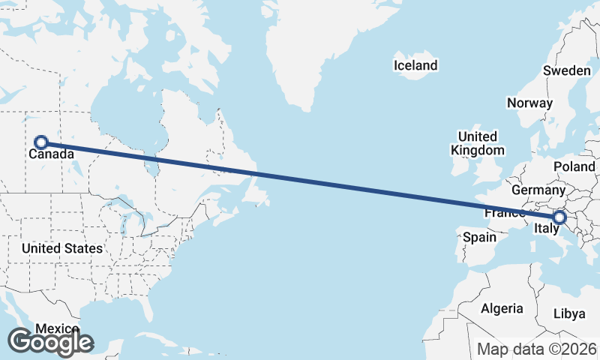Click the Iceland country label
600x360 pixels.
coord(415,66)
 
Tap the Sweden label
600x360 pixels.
coord(566,70)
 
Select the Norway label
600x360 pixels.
coord(529,103)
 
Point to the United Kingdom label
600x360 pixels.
coord(477,143)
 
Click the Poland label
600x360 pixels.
coord(574,166)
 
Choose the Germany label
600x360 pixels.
coord(538,190)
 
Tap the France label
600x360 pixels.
coord(504,213)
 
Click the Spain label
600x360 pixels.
coord(479,237)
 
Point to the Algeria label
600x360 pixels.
coord(502,308)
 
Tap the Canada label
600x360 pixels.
coord(51,155)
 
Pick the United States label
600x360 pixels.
coord(61,248)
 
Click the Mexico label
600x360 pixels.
coord(57,328)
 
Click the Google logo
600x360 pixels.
coord(50,342)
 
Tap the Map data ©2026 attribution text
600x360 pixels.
coord(536,349)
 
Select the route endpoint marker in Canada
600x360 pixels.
coord(41,142)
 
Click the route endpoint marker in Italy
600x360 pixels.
coord(559,217)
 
